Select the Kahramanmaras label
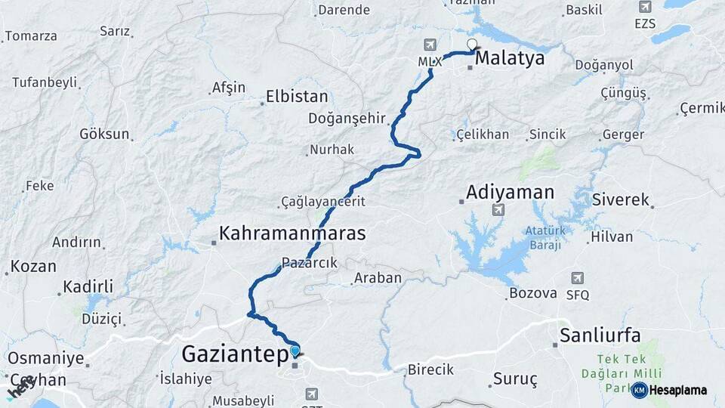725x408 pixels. click(292, 233)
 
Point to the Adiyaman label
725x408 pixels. click(510, 192)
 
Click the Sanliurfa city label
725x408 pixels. click(600, 335)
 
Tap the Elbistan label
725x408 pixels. click(297, 97)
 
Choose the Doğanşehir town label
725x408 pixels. click(347, 119)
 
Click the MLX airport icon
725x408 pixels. click(430, 45)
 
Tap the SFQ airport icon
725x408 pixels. click(578, 278)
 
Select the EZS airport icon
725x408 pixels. click(644, 8)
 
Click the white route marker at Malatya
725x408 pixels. click(473, 45)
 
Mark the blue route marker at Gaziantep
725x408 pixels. click(295, 351)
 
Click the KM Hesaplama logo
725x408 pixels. click(668, 390)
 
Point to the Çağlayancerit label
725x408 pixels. click(322, 202)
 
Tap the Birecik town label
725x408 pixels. click(430, 369)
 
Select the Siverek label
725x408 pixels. click(621, 200)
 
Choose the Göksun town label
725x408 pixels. click(104, 134)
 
